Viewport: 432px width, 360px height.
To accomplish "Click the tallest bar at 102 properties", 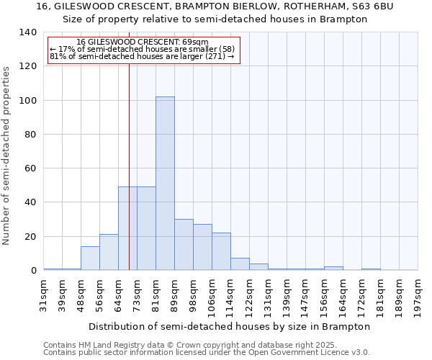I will tap(165, 184).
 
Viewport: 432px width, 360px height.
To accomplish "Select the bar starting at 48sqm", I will tap(90, 258).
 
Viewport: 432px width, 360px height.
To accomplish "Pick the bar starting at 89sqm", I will tap(184, 245).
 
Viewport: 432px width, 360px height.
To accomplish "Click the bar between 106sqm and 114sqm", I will tap(221, 252).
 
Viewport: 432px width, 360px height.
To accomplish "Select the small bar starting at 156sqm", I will tap(333, 269).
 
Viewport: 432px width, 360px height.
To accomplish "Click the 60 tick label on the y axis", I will tap(31, 168).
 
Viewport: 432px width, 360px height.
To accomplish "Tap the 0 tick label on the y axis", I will tap(34, 271).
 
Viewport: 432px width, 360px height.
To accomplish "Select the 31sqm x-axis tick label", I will tap(44, 292).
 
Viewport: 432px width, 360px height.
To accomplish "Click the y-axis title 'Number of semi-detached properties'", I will tap(7, 155).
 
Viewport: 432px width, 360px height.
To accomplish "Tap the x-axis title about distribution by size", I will tap(230, 326).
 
